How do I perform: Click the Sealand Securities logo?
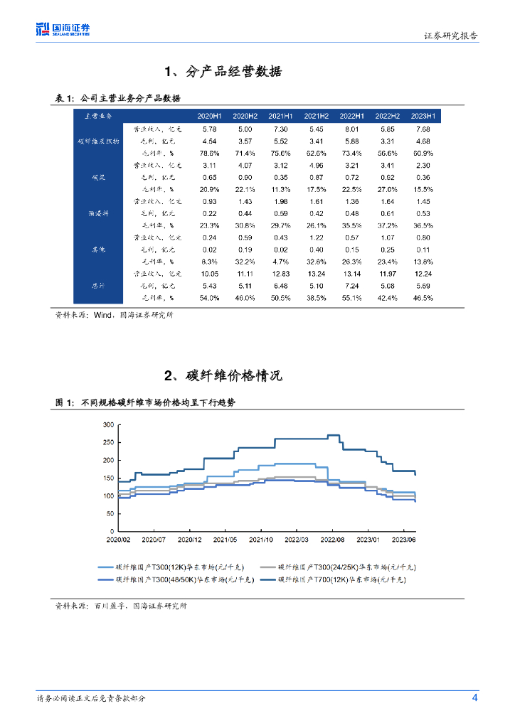click(63, 29)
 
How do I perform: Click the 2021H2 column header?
click(316, 116)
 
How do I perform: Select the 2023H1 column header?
click(423, 116)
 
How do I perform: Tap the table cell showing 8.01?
click(351, 129)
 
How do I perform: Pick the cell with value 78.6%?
click(209, 153)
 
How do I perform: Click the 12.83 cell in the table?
click(280, 274)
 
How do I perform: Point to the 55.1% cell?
click(351, 298)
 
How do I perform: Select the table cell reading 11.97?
click(387, 274)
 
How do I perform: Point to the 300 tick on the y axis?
click(108, 424)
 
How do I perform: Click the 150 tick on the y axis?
click(108, 478)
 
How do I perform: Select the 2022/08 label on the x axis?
click(332, 540)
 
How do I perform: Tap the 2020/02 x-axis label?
click(120, 540)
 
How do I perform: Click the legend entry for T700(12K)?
click(341, 579)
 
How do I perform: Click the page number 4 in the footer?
click(474, 697)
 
